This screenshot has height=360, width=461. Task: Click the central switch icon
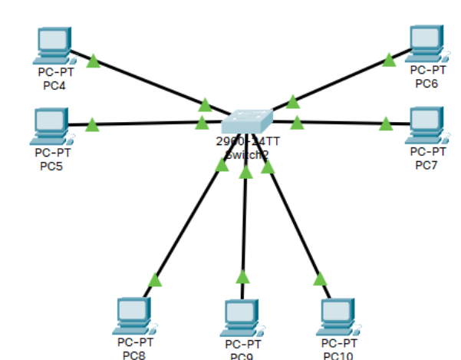point(247,121)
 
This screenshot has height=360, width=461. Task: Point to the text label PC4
point(54,85)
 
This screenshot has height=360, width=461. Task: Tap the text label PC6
point(426,83)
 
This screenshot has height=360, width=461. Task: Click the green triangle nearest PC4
point(94,61)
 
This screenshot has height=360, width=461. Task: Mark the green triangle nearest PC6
point(390,59)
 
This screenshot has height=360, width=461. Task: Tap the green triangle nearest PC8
point(155,279)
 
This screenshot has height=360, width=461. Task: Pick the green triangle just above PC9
point(243,276)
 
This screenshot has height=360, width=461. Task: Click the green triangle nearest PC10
point(320,279)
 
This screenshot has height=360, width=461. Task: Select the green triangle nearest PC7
point(386,123)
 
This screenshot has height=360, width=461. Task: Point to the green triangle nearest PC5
point(92,124)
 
